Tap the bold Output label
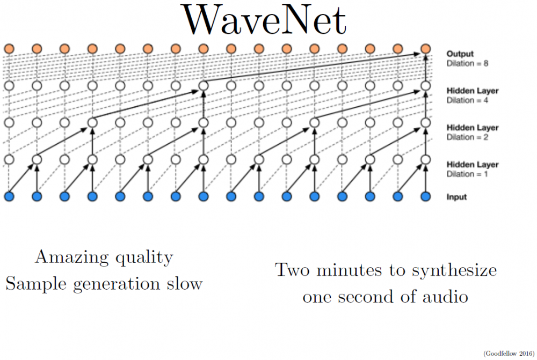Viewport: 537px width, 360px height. click(460, 54)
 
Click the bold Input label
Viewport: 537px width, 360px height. click(457, 197)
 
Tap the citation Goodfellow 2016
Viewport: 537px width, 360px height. click(507, 352)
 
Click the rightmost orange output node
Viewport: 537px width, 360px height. click(426, 49)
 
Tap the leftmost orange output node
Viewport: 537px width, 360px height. click(9, 49)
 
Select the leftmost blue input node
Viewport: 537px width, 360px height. click(9, 196)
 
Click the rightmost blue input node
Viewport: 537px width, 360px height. click(426, 196)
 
